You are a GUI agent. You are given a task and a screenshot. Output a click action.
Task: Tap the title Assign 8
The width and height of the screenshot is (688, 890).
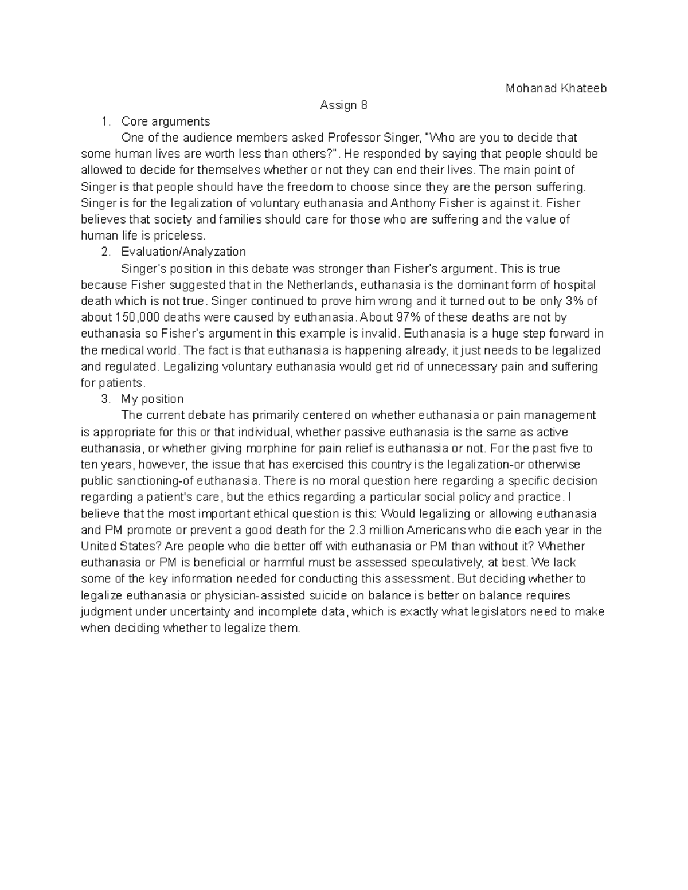point(343,105)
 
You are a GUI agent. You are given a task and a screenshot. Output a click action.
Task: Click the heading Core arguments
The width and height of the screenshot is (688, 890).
point(166,121)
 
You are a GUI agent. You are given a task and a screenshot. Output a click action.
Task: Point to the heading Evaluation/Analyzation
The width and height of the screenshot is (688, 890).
point(183,252)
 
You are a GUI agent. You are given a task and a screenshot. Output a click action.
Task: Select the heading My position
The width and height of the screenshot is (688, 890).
point(153,399)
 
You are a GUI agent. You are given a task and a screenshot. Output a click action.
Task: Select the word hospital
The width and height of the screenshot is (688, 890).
point(575,285)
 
